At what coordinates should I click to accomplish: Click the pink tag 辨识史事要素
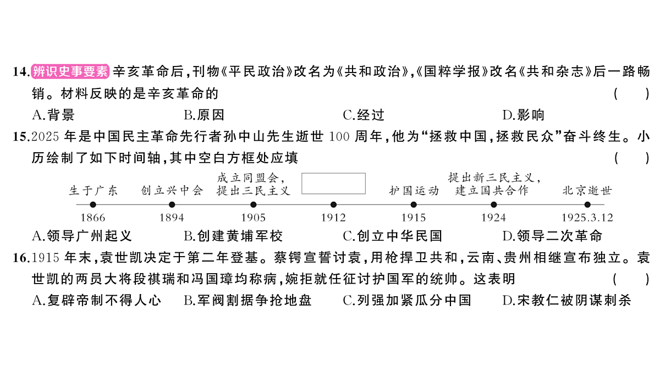coord(70,71)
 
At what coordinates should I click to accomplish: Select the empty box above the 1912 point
coord(333,174)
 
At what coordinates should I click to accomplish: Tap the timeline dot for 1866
coord(93,204)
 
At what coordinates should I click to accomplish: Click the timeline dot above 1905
coord(253,204)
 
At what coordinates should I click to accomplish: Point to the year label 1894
coord(172,218)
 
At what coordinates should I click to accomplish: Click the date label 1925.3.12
coord(587,218)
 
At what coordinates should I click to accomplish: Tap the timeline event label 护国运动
coord(414,191)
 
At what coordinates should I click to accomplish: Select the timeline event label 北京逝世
coord(587,191)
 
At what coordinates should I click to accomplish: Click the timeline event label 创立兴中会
coord(172,191)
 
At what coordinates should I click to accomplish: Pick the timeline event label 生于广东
coord(93,191)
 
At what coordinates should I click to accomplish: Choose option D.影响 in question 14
coord(523,115)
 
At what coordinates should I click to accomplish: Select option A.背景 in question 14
coord(53,115)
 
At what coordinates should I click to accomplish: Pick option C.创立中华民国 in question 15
coord(393,236)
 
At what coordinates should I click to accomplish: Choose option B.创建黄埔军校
coord(233,236)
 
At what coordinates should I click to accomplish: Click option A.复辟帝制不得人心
coord(97,300)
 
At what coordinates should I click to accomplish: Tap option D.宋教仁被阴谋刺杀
coord(567,300)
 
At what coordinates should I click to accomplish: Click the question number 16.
coord(21,258)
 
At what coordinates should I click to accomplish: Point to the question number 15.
coord(21,137)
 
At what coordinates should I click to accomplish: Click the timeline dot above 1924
coord(494,204)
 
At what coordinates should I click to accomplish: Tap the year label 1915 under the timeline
coord(414,218)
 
